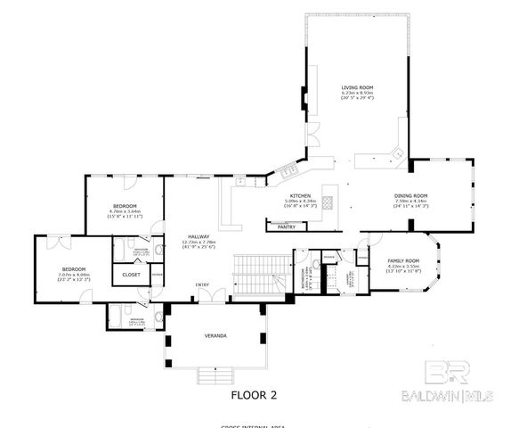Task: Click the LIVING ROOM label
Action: (355, 87)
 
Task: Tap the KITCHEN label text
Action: (298, 195)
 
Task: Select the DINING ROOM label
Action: (411, 195)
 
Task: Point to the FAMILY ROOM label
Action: (402, 261)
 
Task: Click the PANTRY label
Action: (287, 226)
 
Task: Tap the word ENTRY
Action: (204, 284)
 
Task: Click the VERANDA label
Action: (215, 335)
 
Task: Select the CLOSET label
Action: (131, 275)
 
